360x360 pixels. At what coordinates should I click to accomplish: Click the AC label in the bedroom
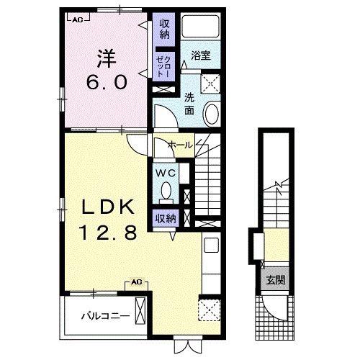click(78, 20)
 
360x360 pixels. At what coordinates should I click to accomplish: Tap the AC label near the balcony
click(137, 282)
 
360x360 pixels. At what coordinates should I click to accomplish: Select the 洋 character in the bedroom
click(107, 59)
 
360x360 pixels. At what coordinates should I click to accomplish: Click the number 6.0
click(107, 82)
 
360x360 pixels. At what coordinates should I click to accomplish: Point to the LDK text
click(108, 207)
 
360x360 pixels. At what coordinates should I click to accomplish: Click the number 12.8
click(109, 233)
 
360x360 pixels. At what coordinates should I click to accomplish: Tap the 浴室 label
click(201, 55)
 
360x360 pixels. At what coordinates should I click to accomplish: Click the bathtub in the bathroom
click(200, 26)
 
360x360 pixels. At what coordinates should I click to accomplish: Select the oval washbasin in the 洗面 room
click(212, 114)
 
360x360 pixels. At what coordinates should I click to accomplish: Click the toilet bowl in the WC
click(166, 191)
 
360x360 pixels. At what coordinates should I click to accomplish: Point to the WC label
click(166, 173)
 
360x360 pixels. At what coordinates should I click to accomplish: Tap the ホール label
click(180, 145)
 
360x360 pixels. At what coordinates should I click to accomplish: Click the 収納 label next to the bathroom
click(165, 29)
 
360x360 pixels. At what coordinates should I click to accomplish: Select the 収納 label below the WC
click(166, 219)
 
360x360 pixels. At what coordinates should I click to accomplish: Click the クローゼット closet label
click(164, 67)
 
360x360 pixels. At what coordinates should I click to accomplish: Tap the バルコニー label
click(106, 316)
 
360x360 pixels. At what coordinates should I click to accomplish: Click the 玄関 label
click(276, 280)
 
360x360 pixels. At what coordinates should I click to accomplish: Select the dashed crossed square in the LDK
click(210, 310)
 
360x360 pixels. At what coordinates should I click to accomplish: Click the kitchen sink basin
click(211, 245)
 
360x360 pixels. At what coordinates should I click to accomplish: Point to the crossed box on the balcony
click(140, 311)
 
